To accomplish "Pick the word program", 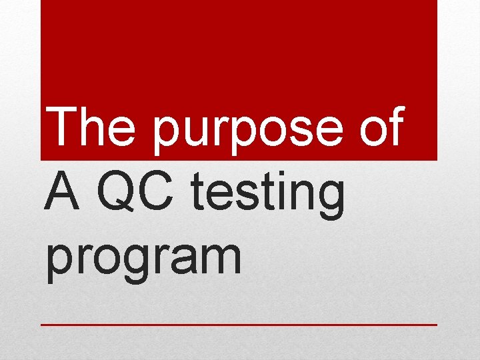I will click(x=144, y=260).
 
